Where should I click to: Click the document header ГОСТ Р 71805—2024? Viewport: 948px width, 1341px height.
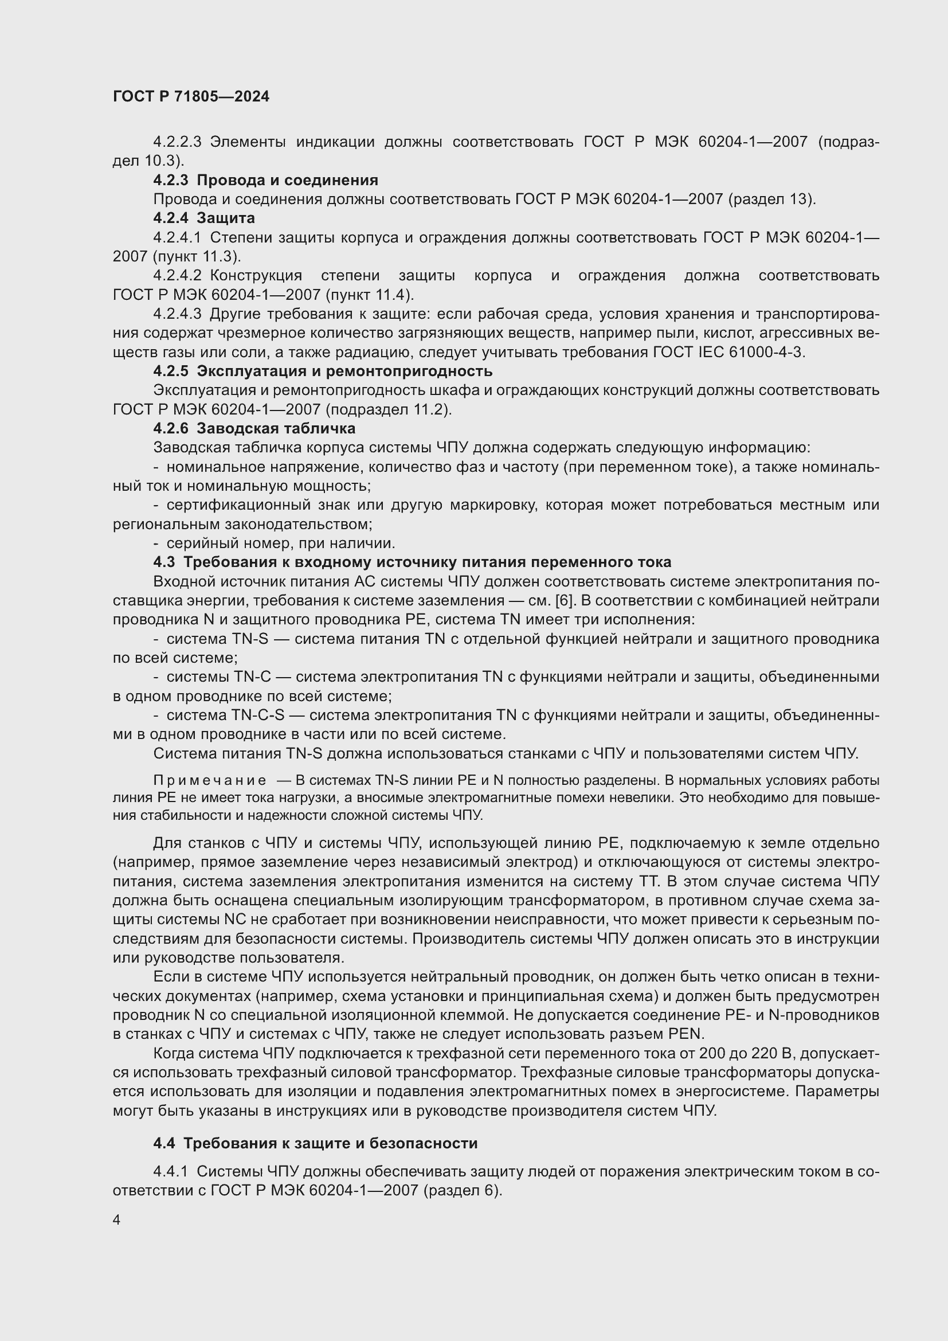coord(191,96)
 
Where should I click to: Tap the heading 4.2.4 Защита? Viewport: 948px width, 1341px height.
coord(203,218)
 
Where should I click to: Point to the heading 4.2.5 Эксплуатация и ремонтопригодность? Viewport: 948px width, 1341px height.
coord(323,371)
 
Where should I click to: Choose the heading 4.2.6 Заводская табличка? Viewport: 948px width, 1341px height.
coord(254,428)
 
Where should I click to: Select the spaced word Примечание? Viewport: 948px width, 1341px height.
coord(210,781)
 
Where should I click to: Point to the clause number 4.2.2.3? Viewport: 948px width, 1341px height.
coord(177,142)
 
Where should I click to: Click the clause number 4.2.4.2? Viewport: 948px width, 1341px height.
coord(177,275)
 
